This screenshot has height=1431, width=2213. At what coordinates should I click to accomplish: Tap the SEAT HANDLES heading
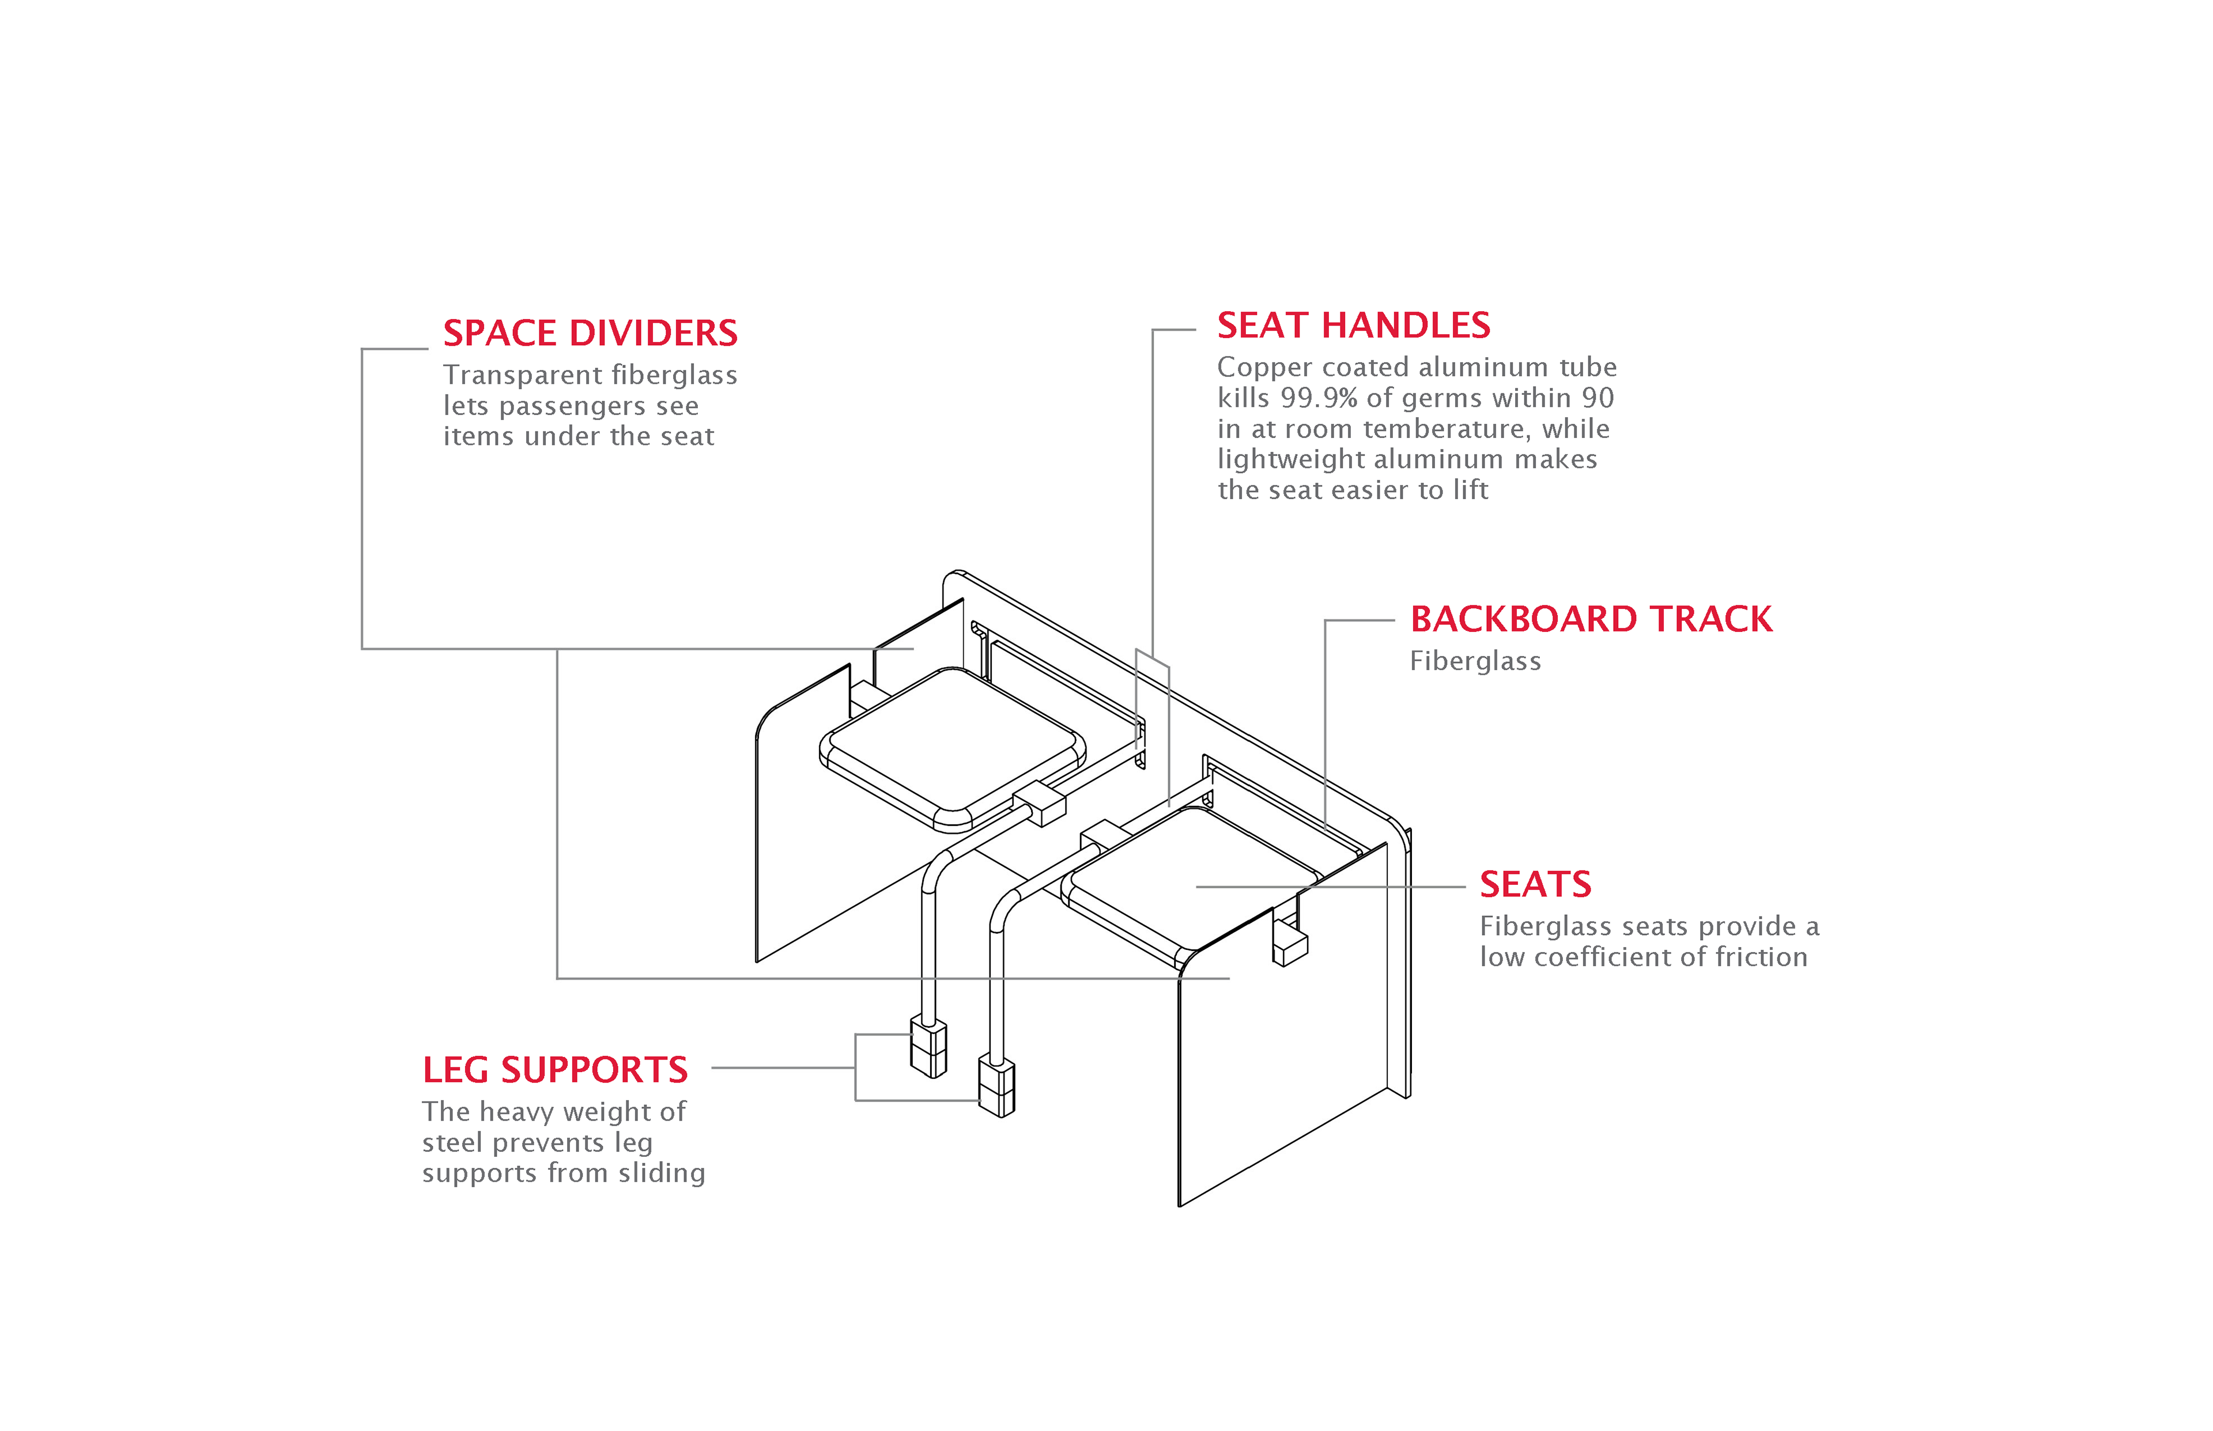[x=1353, y=325]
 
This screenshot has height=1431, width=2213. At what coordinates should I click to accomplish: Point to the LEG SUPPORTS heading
[x=555, y=1070]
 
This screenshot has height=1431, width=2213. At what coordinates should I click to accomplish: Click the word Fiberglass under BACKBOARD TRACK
[x=1475, y=661]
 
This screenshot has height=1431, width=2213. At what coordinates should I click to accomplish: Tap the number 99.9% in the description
[x=1319, y=397]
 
